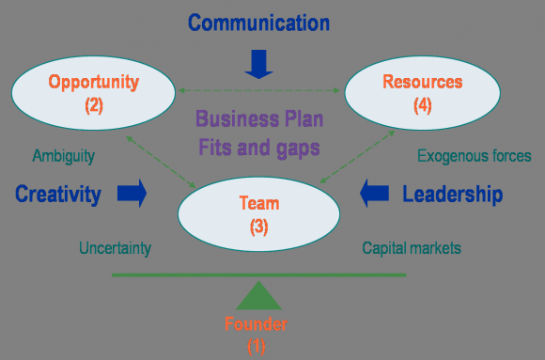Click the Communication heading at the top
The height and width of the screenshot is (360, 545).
click(x=257, y=22)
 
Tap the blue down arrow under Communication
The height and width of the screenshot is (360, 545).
click(x=257, y=63)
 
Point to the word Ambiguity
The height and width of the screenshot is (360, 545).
click(x=64, y=156)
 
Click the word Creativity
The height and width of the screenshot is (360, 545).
click(x=57, y=195)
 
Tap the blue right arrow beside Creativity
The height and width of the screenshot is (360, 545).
click(x=132, y=195)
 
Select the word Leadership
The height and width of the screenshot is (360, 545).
click(x=452, y=195)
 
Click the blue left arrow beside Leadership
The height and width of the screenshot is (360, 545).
click(x=375, y=195)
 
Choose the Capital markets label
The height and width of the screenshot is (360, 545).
click(x=413, y=249)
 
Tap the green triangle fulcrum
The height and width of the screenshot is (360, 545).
click(x=258, y=297)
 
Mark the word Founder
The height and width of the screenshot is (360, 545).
click(x=256, y=325)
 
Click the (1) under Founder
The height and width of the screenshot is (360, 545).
click(x=257, y=346)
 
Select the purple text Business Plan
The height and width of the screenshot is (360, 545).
click(x=258, y=119)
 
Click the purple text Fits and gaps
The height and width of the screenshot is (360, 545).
click(x=258, y=147)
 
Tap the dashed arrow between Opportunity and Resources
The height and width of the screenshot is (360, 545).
click(x=258, y=90)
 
